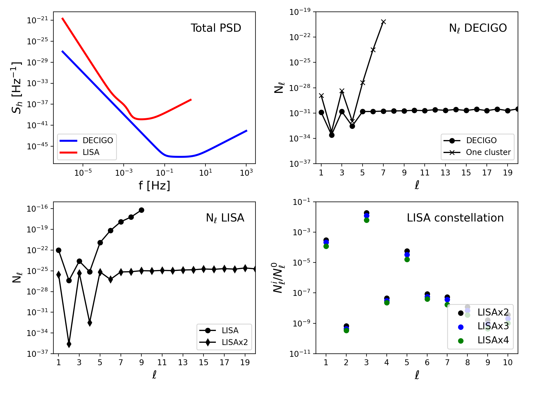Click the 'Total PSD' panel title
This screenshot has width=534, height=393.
click(216, 28)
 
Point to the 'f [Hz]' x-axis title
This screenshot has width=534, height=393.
click(154, 186)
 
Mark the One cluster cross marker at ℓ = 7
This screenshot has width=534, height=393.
click(383, 22)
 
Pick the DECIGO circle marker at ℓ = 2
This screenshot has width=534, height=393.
click(332, 135)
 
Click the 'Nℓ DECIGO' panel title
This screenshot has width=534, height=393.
click(478, 28)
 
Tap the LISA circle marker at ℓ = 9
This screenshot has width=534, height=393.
click(141, 210)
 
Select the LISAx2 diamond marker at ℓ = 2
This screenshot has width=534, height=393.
click(69, 344)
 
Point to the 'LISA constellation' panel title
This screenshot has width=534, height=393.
click(455, 218)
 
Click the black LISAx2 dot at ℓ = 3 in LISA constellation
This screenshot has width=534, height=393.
click(366, 213)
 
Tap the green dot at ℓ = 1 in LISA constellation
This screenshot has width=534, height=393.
click(326, 246)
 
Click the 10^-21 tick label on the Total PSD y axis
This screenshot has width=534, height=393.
click(38, 20)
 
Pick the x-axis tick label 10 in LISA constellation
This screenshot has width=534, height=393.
click(508, 362)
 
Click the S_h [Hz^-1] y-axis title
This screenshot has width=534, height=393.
click(16, 88)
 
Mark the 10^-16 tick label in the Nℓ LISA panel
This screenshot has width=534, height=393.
click(38, 209)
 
